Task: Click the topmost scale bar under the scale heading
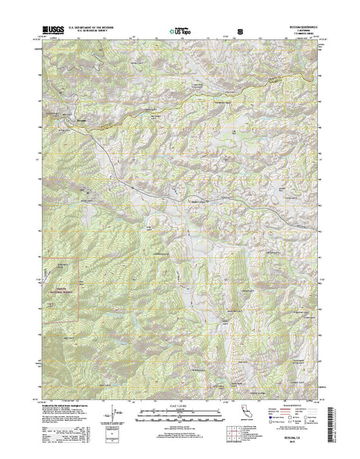pos(180,413)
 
